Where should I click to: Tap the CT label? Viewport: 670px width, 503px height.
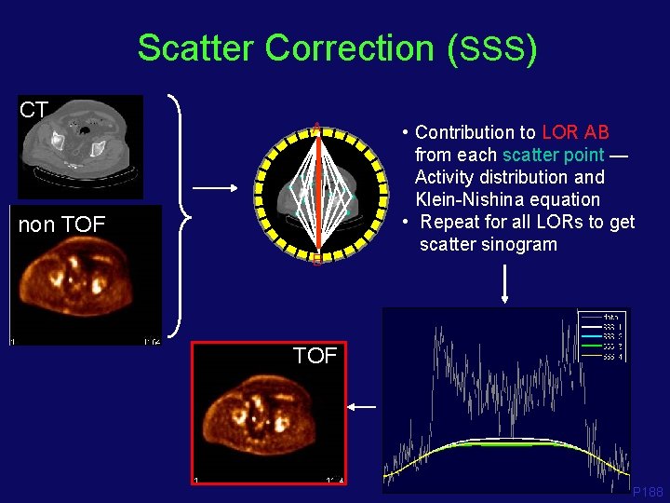coord(34,110)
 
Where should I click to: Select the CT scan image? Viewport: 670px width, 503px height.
coord(83,147)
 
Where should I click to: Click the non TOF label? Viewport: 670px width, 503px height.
coord(61,224)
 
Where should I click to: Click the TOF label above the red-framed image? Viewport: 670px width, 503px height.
coord(315,355)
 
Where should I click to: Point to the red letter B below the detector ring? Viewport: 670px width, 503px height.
coord(317,260)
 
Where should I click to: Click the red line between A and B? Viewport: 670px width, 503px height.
coord(317,196)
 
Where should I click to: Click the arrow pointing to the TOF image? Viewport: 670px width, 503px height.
coord(364,407)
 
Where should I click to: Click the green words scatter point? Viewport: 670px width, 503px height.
coord(553,155)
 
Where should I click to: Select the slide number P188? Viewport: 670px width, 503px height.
coord(648,491)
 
